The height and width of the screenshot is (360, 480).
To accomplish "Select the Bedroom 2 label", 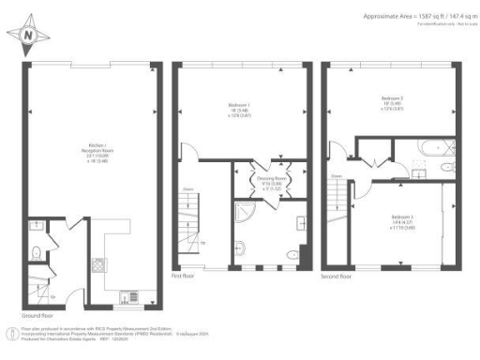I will (x=393, y=100).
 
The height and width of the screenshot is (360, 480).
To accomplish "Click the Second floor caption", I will (x=337, y=278).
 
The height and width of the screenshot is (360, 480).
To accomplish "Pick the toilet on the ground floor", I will (x=36, y=250).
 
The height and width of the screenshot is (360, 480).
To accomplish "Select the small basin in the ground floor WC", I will (x=34, y=225).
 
